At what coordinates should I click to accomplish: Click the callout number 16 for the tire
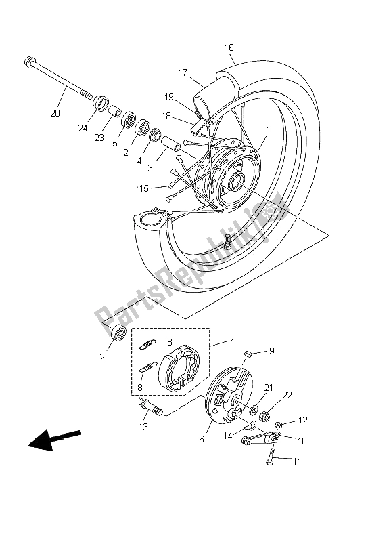click(229, 47)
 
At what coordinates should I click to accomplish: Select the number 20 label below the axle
click(55, 112)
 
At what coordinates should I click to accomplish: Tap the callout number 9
click(271, 351)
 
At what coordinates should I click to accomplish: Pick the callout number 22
click(287, 396)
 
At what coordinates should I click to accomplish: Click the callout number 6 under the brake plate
click(201, 439)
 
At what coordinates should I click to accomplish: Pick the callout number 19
click(168, 97)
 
